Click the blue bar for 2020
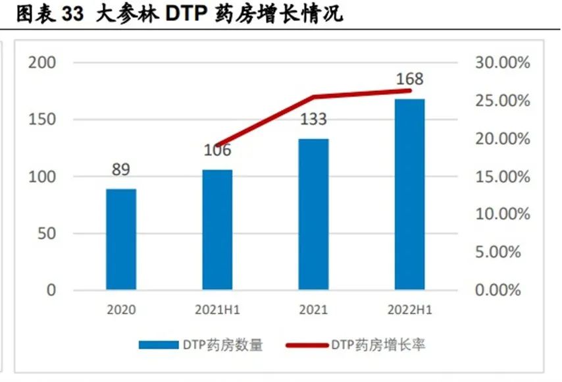coord(121,239)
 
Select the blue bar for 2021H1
coord(217,229)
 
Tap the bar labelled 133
coord(313,214)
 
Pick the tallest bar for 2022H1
coord(409,194)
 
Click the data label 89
coord(120,170)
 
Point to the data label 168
coord(409,80)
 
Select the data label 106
coord(217,150)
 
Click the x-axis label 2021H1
coord(217,310)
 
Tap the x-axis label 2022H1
coord(409,310)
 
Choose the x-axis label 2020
coord(120,310)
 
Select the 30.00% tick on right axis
coord(502,63)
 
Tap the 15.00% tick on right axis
coord(502,177)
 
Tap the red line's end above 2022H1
coord(409,90)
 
